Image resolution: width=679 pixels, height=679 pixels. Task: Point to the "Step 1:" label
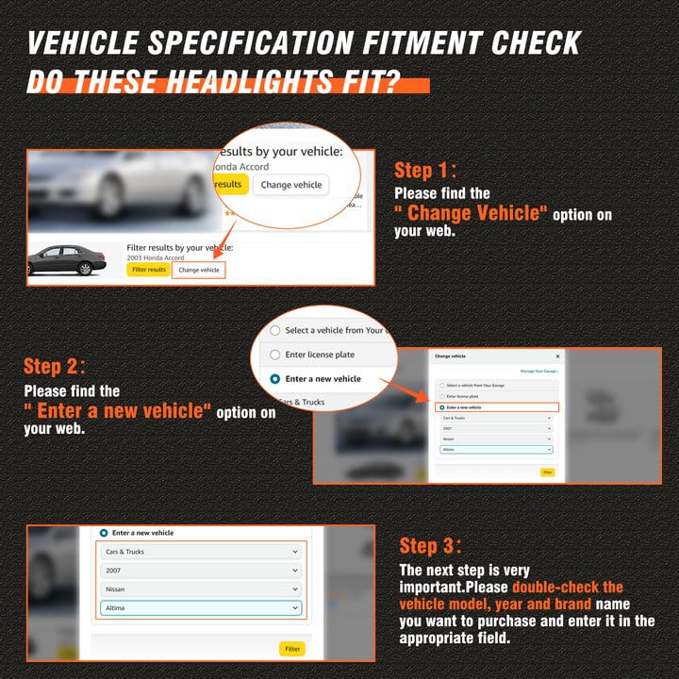point(425,170)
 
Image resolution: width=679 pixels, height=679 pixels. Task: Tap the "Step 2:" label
point(55,366)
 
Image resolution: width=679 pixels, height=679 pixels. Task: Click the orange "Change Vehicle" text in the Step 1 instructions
point(471,213)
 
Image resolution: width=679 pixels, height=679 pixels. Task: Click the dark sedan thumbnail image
point(67,260)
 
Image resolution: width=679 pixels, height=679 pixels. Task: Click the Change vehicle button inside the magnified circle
point(291,185)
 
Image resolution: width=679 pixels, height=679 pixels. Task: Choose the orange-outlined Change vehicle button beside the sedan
point(199,270)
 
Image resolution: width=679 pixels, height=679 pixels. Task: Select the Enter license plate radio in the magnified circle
point(275,355)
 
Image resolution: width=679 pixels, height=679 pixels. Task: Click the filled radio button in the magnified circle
point(275,378)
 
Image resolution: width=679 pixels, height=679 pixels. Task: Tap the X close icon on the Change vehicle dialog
point(557,356)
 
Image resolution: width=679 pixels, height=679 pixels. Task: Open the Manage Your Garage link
point(539,372)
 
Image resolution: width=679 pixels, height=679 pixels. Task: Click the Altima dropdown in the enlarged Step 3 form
point(200,608)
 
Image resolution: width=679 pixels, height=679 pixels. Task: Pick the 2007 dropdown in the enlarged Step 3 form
point(200,571)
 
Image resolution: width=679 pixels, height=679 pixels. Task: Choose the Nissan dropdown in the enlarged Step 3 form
point(200,589)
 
